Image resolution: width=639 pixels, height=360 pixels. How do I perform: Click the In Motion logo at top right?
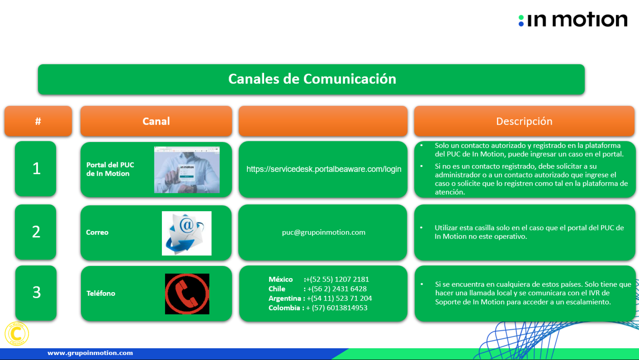573,20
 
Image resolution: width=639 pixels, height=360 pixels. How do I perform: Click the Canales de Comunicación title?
312,79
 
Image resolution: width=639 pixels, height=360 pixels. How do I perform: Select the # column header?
38,121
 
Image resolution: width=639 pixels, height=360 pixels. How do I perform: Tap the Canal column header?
156,121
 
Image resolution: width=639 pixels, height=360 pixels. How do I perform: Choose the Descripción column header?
524,121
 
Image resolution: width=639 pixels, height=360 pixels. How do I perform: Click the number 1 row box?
35,169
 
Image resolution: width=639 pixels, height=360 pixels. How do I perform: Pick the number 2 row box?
35,232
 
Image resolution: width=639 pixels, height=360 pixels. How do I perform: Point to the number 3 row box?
36,293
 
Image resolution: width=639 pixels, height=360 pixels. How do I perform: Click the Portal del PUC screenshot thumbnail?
187,170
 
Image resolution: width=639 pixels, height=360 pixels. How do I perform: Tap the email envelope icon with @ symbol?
187,233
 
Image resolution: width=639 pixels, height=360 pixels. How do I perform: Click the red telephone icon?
187,294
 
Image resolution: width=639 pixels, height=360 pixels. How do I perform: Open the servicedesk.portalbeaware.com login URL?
324,169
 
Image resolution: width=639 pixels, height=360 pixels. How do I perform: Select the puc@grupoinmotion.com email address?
323,232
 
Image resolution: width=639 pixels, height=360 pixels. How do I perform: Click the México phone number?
337,279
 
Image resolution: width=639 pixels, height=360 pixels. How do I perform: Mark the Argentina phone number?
339,298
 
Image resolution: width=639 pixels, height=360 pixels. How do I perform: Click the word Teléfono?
101,293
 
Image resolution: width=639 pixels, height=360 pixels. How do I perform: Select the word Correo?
97,232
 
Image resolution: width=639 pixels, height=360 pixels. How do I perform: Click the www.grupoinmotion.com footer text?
90,353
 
